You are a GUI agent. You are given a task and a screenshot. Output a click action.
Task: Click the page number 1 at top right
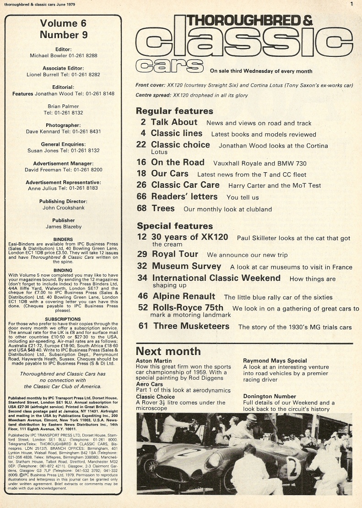point(351,4)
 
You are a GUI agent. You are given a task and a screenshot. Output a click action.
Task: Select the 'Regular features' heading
point(174,111)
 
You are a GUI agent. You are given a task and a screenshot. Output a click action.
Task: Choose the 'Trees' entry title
point(163,208)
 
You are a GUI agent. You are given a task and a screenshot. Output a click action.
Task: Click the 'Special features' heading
point(174,226)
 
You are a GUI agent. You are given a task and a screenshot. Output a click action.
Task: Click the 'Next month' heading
point(168,351)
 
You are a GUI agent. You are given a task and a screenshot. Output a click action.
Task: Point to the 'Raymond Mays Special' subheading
point(275,361)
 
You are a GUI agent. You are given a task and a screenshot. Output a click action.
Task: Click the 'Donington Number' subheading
point(269,396)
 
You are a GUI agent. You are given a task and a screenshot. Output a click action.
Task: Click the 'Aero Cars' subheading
point(150,384)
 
